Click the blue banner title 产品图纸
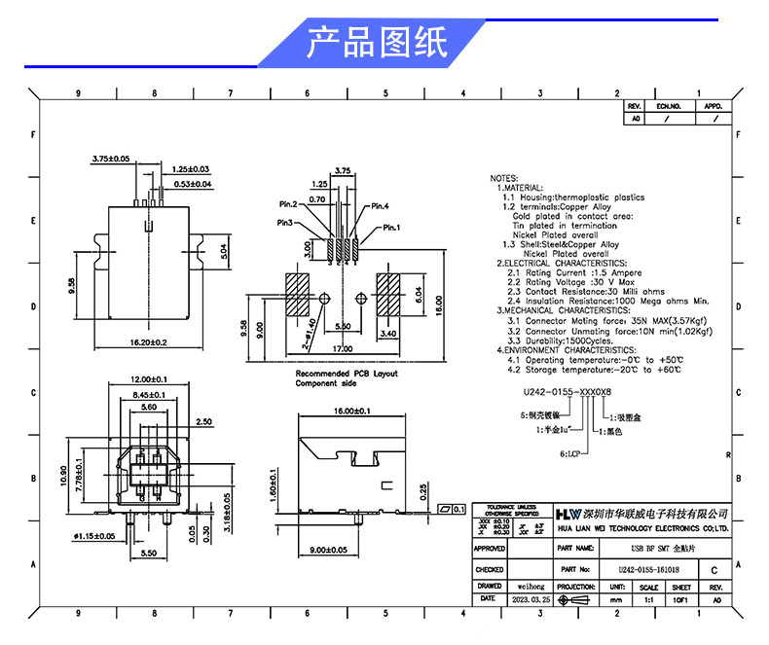click(377, 44)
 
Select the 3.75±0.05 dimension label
click(110, 158)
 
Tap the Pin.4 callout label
click(379, 206)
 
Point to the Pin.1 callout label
click(391, 228)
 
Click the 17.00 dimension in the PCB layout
click(343, 347)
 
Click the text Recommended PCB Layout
click(347, 374)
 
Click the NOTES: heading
click(504, 179)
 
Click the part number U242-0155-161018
click(648, 569)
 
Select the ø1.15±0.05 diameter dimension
click(93, 536)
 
